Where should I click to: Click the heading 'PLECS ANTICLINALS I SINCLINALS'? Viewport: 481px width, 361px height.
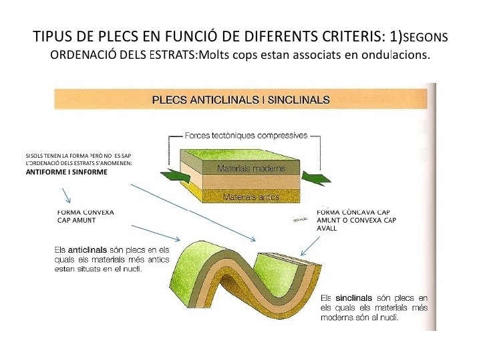point(241,100)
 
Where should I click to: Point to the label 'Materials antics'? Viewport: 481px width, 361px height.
point(251,197)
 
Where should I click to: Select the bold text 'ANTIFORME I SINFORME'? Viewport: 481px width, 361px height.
point(66,172)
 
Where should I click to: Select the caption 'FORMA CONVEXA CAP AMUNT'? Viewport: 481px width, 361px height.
point(86,215)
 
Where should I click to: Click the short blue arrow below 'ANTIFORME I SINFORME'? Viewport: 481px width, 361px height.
point(66,195)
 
